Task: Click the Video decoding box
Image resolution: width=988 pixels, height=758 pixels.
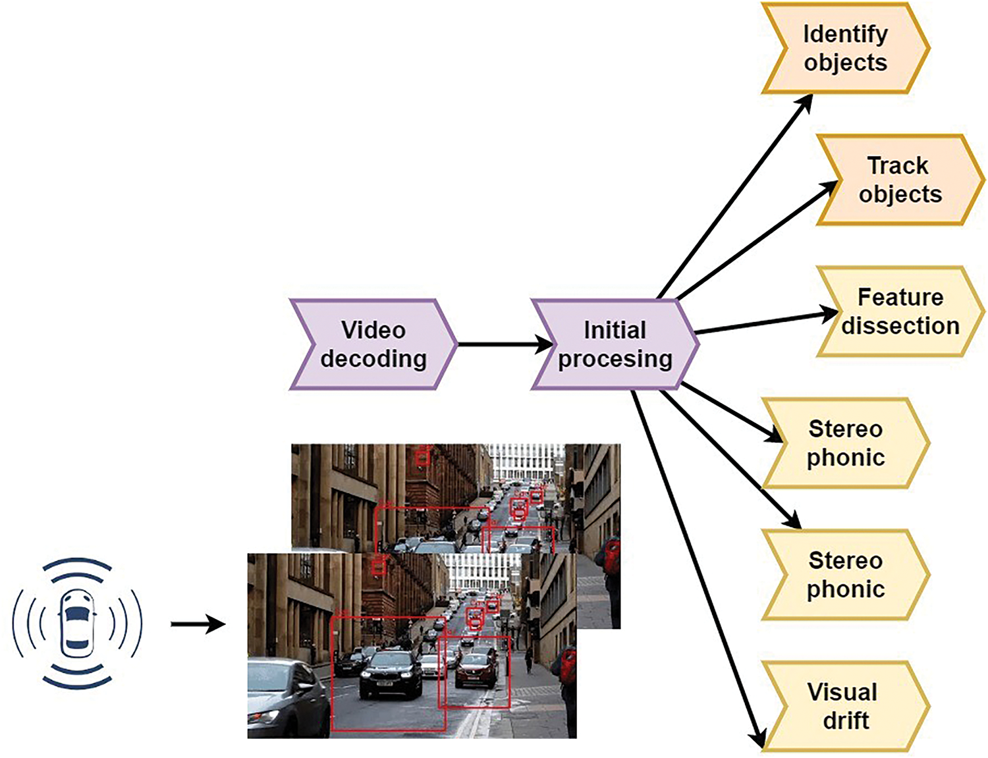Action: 373,344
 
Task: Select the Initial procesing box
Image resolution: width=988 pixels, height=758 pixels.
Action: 615,344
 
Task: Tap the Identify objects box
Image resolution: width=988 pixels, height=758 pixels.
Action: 846,48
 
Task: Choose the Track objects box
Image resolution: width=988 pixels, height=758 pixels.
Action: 900,180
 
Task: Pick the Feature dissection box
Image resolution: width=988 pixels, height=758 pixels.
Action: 900,311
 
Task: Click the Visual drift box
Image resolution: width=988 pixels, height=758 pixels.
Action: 846,707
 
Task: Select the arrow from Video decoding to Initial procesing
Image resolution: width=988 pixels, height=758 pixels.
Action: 505,344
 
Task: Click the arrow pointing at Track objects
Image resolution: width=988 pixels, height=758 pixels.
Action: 757,240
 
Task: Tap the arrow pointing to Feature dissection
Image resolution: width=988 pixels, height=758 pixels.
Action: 766,323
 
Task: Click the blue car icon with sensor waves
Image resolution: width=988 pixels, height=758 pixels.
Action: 77,623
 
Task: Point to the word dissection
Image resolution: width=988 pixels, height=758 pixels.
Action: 900,326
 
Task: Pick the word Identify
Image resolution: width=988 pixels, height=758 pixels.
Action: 846,35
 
